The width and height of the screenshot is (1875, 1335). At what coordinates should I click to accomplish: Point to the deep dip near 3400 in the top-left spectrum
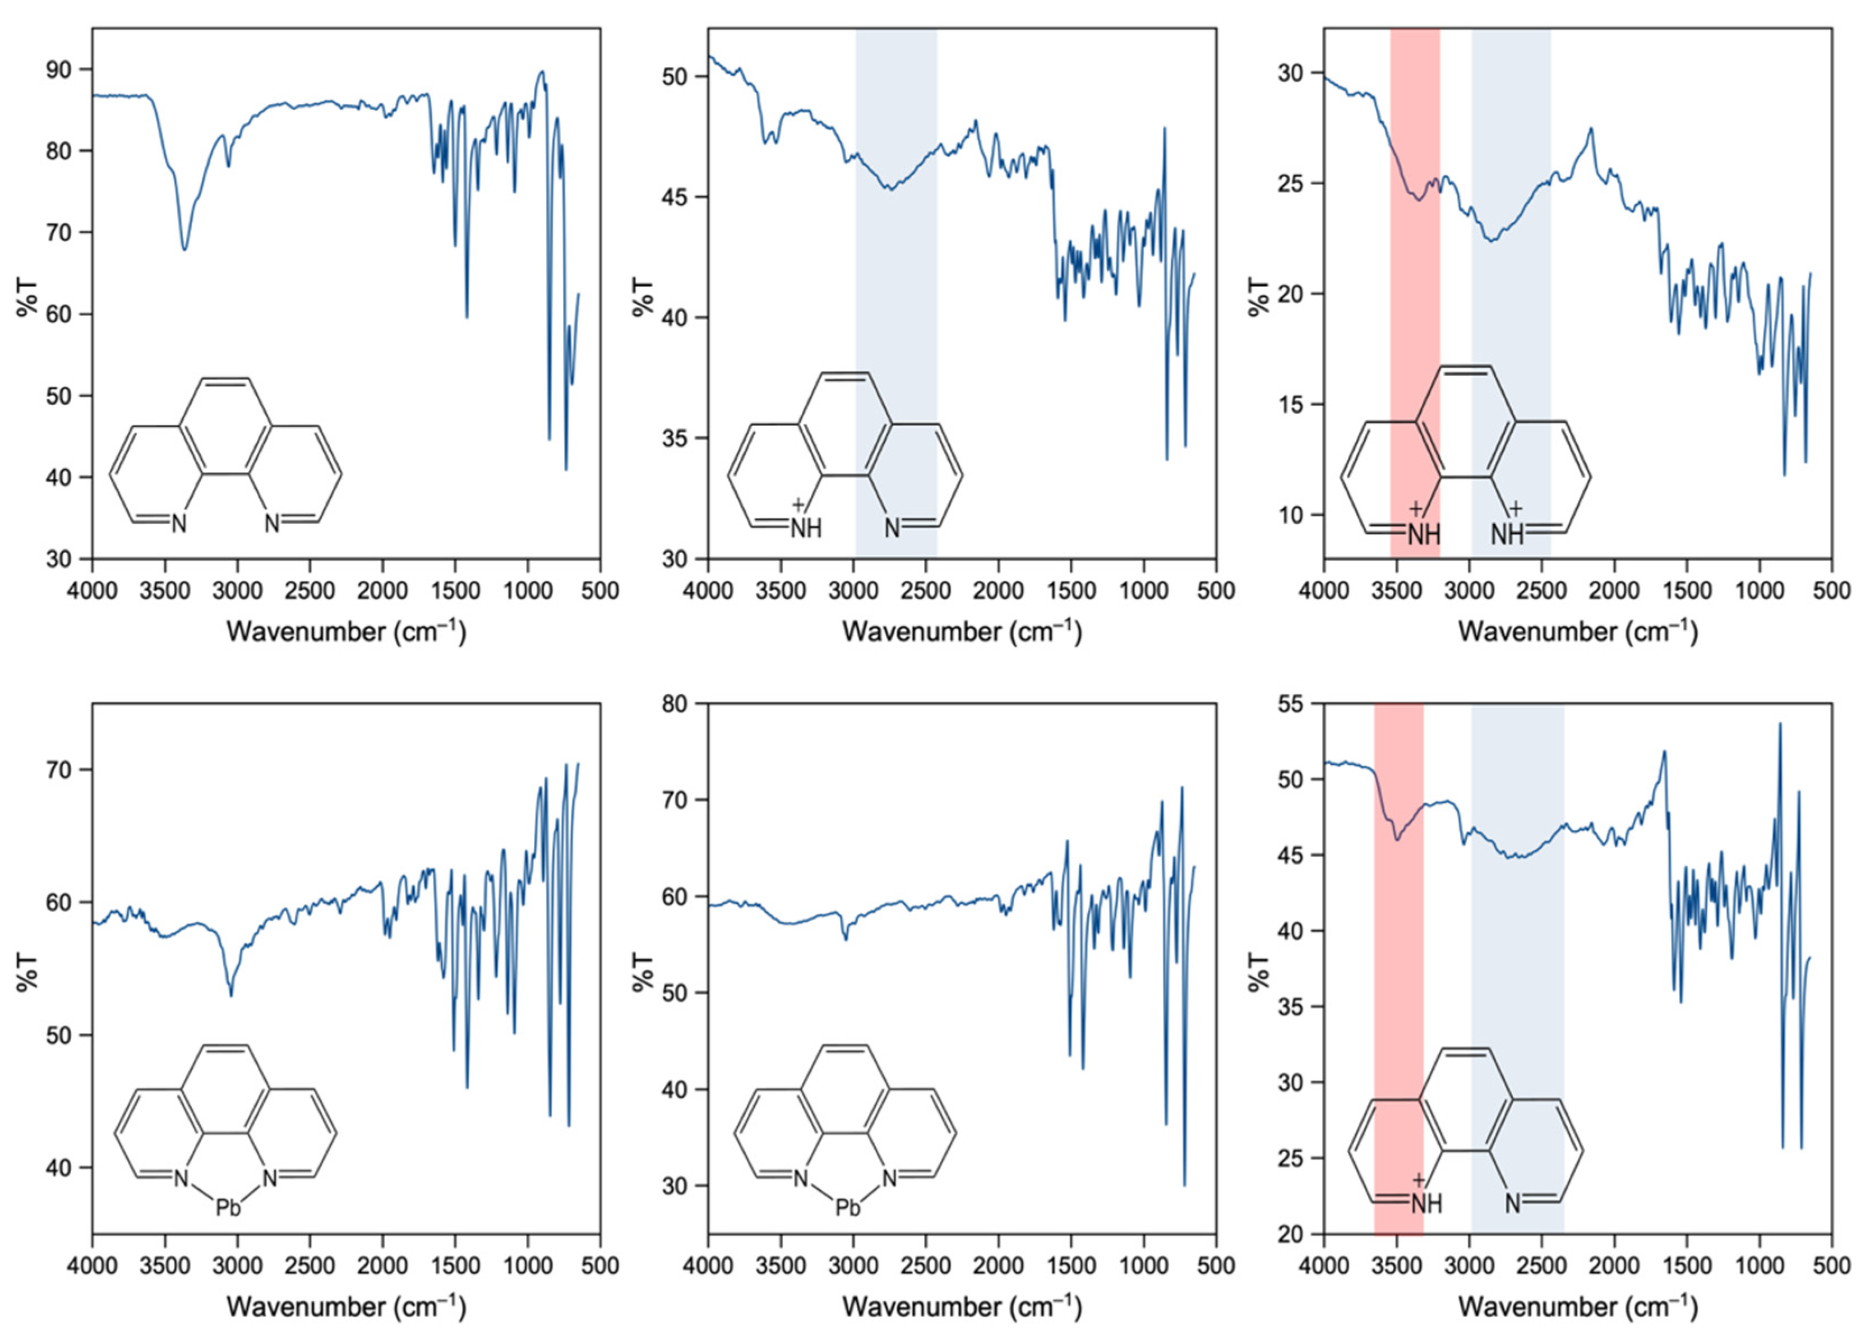184,248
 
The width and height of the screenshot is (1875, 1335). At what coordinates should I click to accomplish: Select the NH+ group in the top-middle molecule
805,528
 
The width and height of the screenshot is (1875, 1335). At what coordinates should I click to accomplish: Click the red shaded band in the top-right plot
1414,288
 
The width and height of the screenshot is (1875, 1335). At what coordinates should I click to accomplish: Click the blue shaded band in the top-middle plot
896,288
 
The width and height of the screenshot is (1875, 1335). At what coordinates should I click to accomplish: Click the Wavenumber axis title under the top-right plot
1577,631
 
